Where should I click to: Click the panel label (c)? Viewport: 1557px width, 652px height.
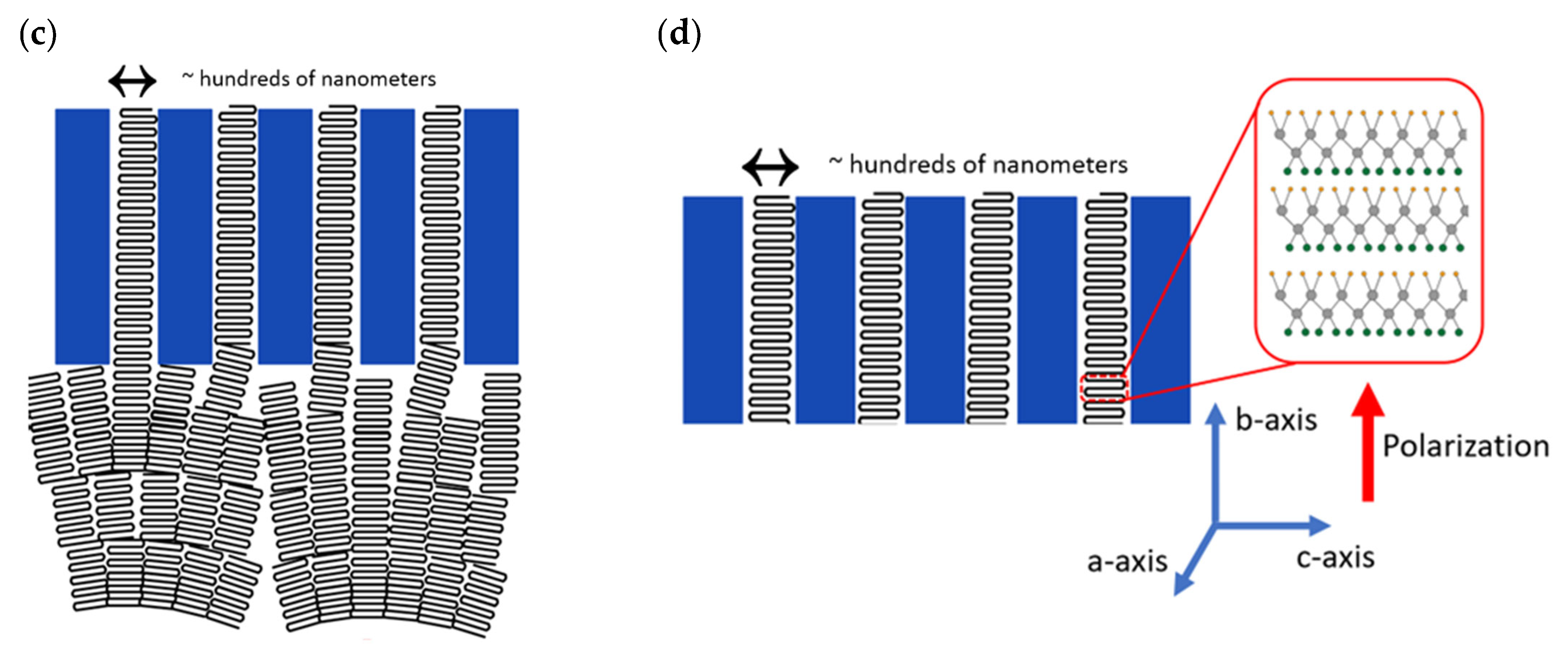point(38,35)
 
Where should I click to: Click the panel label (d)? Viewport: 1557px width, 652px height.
point(679,33)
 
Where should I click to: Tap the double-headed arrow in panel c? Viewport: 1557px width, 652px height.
point(132,80)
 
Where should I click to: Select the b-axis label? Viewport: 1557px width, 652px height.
point(1275,420)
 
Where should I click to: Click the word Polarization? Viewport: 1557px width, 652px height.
point(1466,446)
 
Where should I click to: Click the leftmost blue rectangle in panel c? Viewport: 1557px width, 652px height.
point(82,236)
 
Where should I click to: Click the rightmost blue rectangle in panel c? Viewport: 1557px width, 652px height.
point(491,236)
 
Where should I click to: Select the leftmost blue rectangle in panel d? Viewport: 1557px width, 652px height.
point(712,310)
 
